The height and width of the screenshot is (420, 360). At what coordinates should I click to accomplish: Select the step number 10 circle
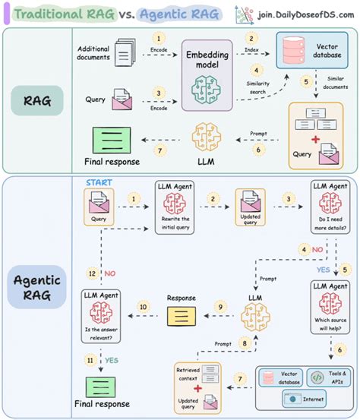141,306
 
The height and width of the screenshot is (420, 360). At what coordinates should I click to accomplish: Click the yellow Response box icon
182,313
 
